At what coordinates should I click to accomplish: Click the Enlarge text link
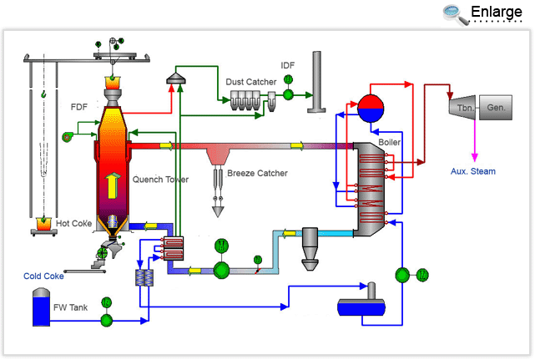coord(497,12)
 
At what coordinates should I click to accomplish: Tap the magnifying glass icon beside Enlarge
coord(455,13)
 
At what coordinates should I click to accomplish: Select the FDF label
coord(79,107)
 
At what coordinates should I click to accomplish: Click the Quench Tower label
coord(161,179)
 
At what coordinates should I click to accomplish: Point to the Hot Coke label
coord(74,223)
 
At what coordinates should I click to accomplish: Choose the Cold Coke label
coord(43,276)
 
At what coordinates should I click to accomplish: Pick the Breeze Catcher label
coord(258,174)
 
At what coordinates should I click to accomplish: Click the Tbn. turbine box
coord(462,108)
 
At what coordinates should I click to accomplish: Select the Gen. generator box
coord(496,108)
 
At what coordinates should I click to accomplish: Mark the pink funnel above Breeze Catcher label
coord(220,156)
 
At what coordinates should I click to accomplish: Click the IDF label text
coord(287,65)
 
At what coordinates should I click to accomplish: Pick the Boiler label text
coord(390,142)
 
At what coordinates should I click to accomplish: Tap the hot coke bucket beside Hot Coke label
coord(43,225)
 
